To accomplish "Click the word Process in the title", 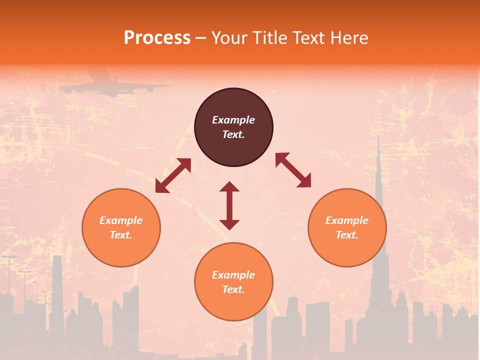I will click(157, 38).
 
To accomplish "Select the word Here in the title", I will click(350, 38).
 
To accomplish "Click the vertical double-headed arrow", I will click(229, 205).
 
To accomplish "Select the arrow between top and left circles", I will click(173, 175).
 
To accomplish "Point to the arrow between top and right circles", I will click(293, 170).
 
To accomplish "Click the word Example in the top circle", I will click(233, 120).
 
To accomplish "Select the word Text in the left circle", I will click(121, 235).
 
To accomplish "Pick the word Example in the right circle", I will click(347, 220).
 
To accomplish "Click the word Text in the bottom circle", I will click(233, 289).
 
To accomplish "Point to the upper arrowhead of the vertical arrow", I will click(229, 187).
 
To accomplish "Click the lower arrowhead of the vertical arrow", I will click(229, 224).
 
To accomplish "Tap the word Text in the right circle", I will click(347, 235).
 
